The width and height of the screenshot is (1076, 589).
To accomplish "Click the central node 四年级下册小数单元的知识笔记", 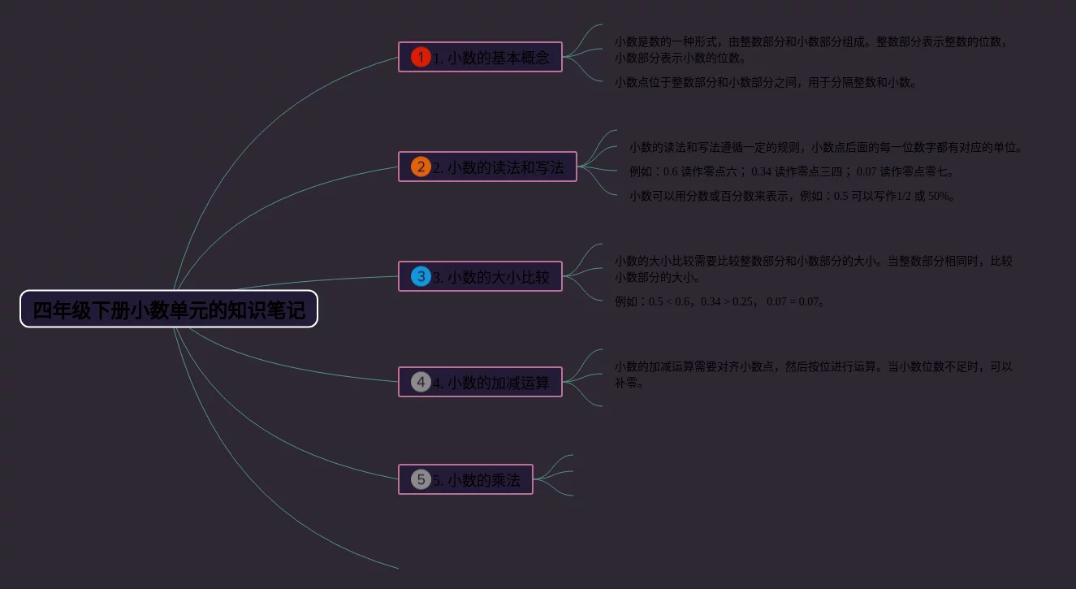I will (x=169, y=310).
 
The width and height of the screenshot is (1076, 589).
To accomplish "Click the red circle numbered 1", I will (x=421, y=57).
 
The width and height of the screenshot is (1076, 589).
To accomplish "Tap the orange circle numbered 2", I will (x=421, y=167).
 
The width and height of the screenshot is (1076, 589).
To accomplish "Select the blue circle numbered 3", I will (x=421, y=276).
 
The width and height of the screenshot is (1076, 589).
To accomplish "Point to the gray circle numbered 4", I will (x=421, y=382).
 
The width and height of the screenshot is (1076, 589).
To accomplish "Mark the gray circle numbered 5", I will (x=421, y=479).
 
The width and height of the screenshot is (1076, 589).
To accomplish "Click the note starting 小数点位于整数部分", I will (x=765, y=82).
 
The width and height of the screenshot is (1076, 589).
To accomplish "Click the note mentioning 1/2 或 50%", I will (x=792, y=196).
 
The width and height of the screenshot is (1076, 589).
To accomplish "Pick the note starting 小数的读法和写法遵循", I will (x=825, y=147).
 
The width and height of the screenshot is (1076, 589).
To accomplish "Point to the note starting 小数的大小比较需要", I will (x=813, y=269).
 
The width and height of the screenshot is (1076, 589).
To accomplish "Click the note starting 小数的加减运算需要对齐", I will (x=813, y=375).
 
